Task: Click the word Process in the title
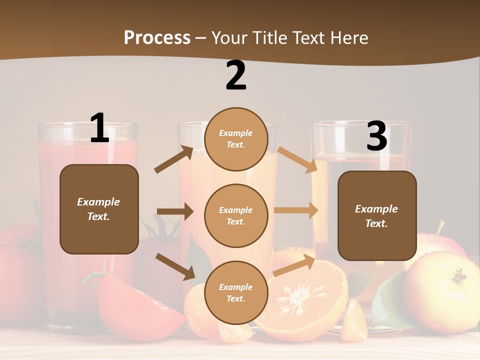pyautogui.click(x=157, y=37)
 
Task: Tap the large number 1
pyautogui.click(x=99, y=128)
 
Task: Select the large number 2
pyautogui.click(x=236, y=75)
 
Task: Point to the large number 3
pyautogui.click(x=376, y=136)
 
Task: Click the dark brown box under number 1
pyautogui.click(x=99, y=209)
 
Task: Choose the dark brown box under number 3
pyautogui.click(x=377, y=216)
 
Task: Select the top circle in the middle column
pyautogui.click(x=236, y=139)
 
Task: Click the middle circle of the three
pyautogui.click(x=236, y=216)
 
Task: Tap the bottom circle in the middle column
pyautogui.click(x=236, y=293)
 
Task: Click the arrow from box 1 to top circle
pyautogui.click(x=174, y=159)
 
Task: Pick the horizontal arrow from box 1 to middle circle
pyautogui.click(x=175, y=211)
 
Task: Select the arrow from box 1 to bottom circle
pyautogui.click(x=175, y=266)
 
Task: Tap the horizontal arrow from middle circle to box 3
pyautogui.click(x=296, y=210)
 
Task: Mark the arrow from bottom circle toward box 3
pyautogui.click(x=294, y=264)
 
